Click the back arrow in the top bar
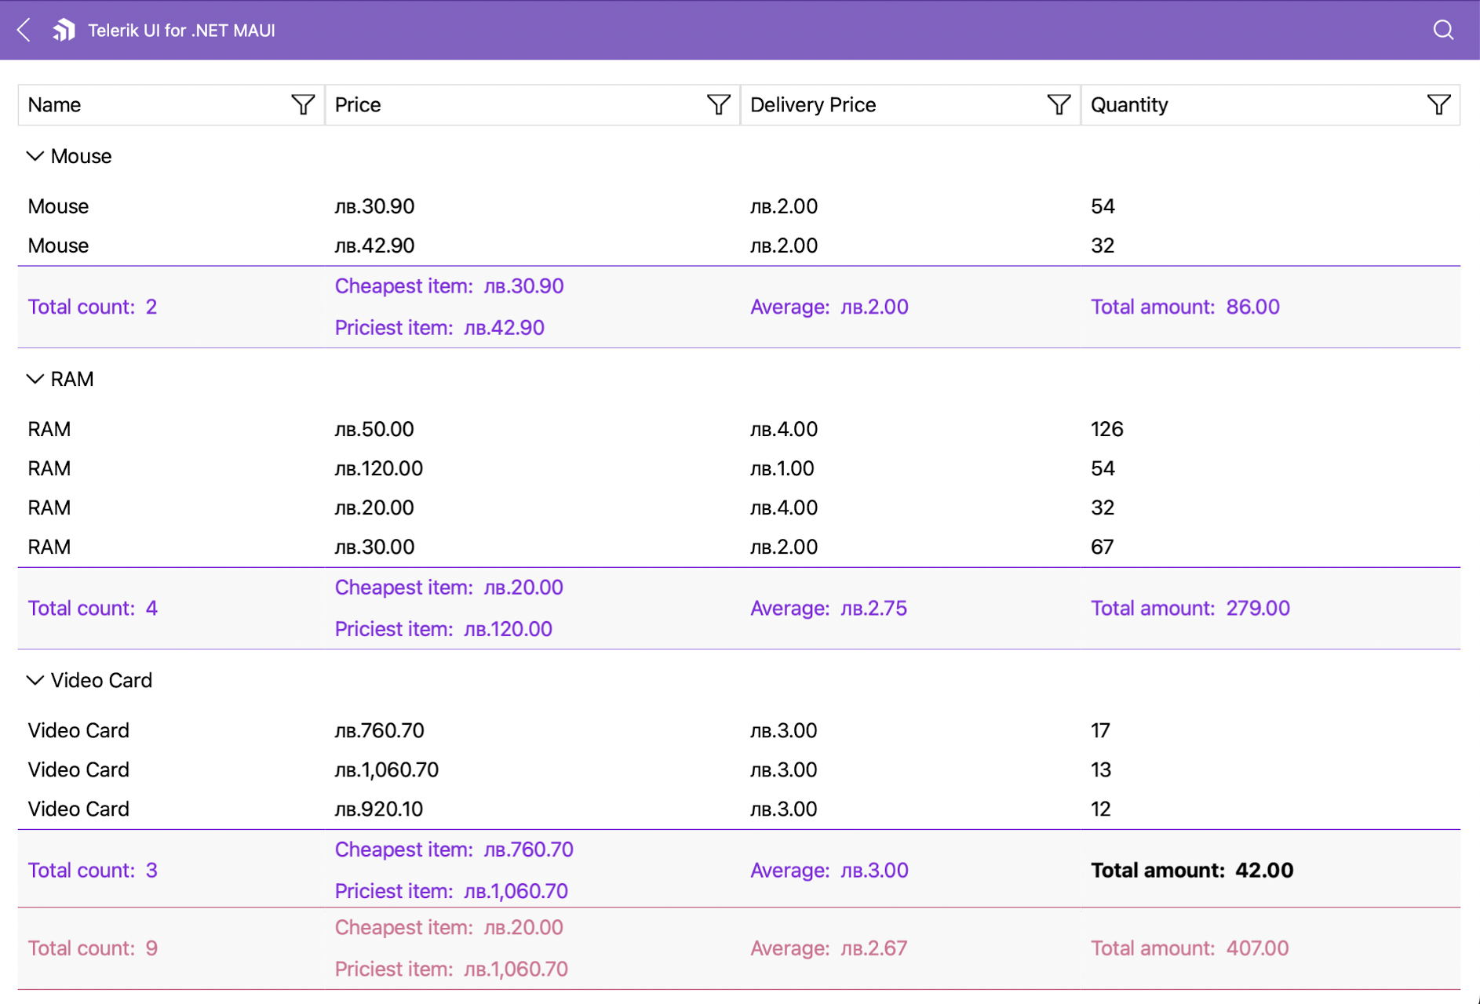coord(24,31)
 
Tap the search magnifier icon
coord(1443,31)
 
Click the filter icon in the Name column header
coord(303,104)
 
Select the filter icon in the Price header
coord(718,104)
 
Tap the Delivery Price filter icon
coord(1059,104)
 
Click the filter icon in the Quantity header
coord(1438,104)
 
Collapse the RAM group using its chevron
coord(35,379)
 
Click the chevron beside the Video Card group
coord(35,680)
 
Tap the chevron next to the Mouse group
coord(35,156)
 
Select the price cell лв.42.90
coord(374,246)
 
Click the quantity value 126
coord(1106,429)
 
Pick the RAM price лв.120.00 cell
coord(378,468)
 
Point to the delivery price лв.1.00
coord(782,468)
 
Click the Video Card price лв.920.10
coord(378,809)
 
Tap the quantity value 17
coord(1100,730)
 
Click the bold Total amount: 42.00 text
coord(1191,870)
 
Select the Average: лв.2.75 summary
coord(828,608)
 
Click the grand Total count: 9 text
coord(93,948)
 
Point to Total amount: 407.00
coord(1189,948)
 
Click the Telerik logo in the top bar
coord(64,31)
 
